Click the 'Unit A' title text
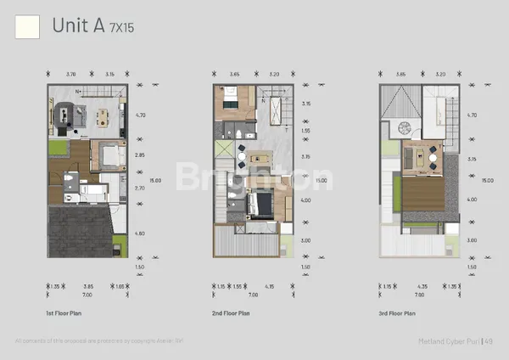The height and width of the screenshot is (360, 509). [78, 26]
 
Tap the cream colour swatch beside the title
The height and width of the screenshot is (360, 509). [27, 27]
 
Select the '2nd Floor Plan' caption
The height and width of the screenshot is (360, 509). [232, 313]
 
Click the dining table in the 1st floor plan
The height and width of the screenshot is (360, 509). [103, 117]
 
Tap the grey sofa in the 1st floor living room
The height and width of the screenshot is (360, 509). [65, 116]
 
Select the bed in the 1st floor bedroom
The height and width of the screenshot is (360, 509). [109, 155]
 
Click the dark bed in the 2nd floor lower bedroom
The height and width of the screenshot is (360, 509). [260, 204]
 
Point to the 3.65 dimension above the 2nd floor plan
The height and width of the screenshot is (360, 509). [234, 74]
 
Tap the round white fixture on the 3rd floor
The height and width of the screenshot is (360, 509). [404, 127]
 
